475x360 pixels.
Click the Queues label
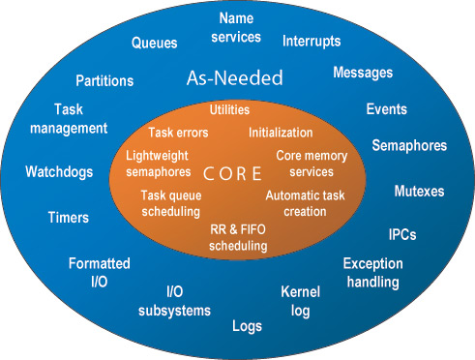point(154,43)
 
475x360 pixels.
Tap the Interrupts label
point(312,41)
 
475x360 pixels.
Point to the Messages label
point(363,73)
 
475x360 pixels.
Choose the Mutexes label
point(419,191)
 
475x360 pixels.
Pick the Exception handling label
point(372,272)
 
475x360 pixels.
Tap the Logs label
point(247,326)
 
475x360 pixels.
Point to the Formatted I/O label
point(100,272)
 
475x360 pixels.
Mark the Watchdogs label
point(59,172)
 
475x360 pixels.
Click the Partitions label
point(104,80)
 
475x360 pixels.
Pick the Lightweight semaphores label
point(159,164)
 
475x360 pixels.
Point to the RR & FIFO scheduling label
point(238,238)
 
